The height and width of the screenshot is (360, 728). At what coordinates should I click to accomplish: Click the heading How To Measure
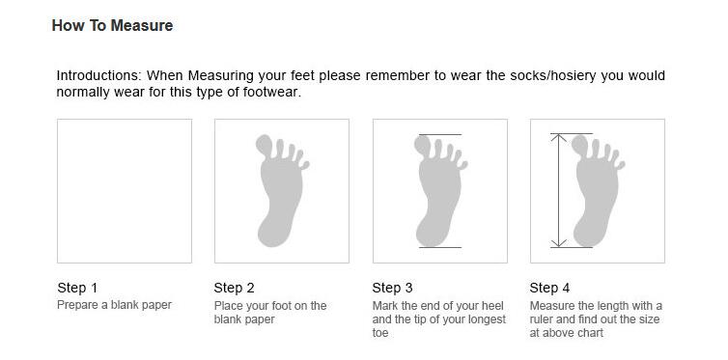coord(112,25)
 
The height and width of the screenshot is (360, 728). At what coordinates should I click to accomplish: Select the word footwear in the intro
coord(269,92)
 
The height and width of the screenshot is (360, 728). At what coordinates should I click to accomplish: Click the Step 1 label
coord(77,288)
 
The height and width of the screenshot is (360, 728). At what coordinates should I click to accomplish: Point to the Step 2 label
coord(234,288)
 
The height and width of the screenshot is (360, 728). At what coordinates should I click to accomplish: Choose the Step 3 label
coord(392,288)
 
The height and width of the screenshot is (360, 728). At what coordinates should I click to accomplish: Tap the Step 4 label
coord(549,288)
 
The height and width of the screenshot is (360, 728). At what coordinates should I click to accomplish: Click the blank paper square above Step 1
coord(125,191)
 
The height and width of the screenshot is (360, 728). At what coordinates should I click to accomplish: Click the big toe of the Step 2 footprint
coord(266,145)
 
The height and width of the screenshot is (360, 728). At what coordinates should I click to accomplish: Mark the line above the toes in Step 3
coord(440,134)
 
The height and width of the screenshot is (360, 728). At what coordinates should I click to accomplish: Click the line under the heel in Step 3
coord(440,247)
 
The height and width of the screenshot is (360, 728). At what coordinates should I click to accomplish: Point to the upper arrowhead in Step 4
coord(558,137)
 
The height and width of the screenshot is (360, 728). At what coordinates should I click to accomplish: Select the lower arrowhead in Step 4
coord(558,243)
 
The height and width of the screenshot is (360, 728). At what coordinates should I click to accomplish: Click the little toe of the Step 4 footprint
coord(620,165)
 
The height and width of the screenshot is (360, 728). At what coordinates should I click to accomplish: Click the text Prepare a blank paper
coord(114,305)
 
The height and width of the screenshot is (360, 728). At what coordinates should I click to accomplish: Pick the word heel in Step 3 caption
coord(493,306)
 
